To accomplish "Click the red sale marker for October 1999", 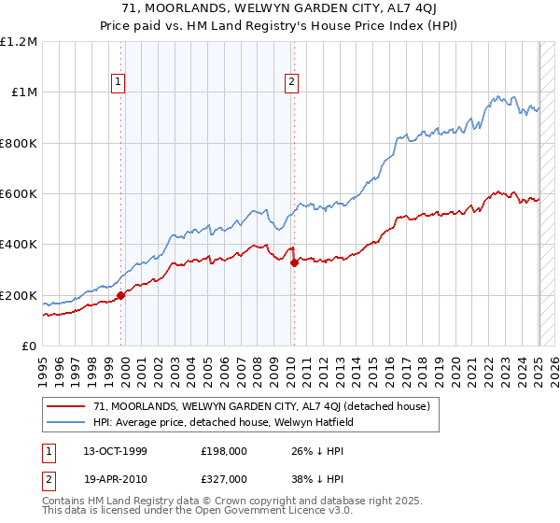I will point(121,296).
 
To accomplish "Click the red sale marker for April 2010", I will point(294,263).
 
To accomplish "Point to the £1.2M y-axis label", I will point(19,42).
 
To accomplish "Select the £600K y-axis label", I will point(18,194).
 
